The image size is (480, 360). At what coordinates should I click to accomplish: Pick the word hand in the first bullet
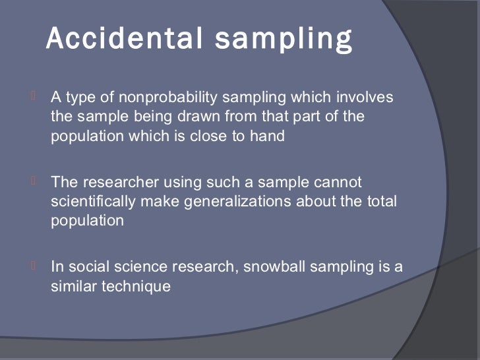(270, 137)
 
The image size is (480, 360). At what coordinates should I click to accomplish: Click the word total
(382, 202)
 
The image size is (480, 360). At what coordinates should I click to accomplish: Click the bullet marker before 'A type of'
(33, 98)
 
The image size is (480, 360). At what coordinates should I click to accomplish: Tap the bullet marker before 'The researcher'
(33, 182)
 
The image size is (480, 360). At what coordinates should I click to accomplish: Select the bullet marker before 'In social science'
(33, 267)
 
